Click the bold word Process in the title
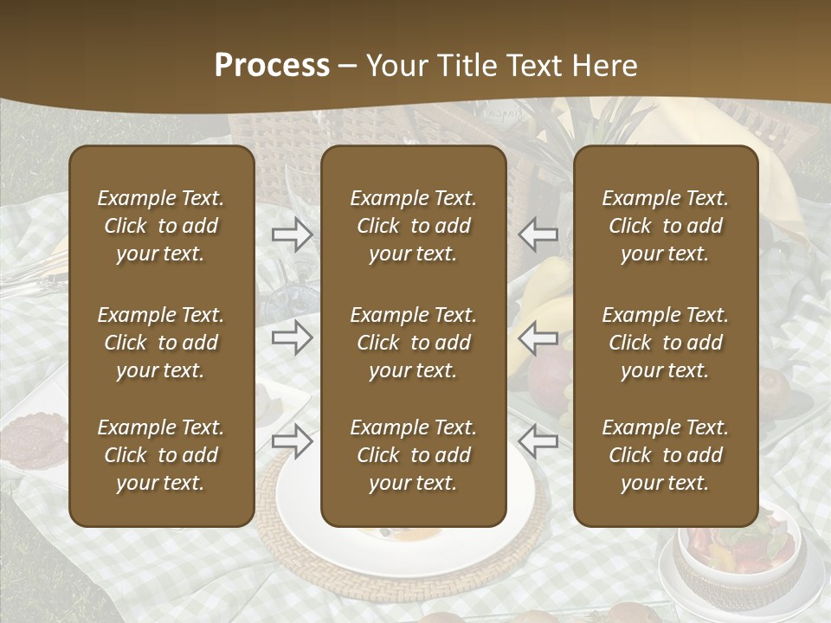(x=272, y=66)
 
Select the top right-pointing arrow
(x=293, y=234)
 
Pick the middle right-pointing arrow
(x=293, y=337)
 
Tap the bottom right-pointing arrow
(x=293, y=441)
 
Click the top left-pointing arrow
(x=538, y=234)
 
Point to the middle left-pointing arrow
(x=538, y=337)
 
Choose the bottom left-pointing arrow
(x=538, y=441)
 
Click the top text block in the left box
(x=161, y=226)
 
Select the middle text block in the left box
(x=161, y=343)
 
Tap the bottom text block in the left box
(x=161, y=455)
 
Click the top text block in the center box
(x=414, y=226)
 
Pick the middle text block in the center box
(x=414, y=343)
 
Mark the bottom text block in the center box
(x=414, y=455)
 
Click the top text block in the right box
(x=666, y=226)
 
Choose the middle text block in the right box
(x=666, y=343)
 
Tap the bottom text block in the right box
(x=666, y=455)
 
